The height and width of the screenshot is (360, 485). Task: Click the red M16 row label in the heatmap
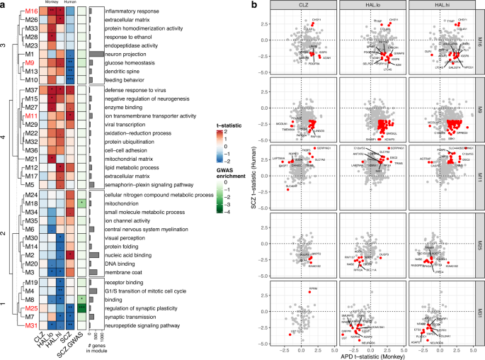[x=32, y=12]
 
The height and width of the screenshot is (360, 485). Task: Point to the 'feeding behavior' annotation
[x=115, y=80]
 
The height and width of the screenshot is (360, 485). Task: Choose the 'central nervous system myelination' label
[x=136, y=229]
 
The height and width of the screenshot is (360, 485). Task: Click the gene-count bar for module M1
[x=96, y=55]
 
